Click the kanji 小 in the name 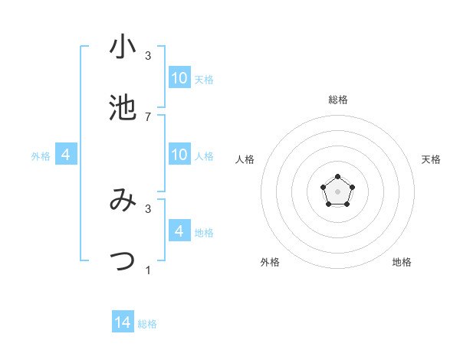point(123,48)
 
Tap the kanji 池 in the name point(123,109)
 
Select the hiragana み point(123,200)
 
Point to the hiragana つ point(123,260)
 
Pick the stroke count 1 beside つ point(148,270)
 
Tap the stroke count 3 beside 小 point(148,56)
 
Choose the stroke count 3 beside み point(148,208)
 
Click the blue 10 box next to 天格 point(179,78)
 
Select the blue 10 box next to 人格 point(179,155)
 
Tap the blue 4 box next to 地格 point(179,231)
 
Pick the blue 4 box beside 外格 point(66,155)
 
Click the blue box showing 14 point(123,322)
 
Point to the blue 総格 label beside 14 point(147,324)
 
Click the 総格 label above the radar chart point(337,100)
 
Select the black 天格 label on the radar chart point(432,159)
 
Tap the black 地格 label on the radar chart point(402,262)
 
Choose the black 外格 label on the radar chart point(270,262)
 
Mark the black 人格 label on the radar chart point(245,159)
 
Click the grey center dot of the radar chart point(337,191)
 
